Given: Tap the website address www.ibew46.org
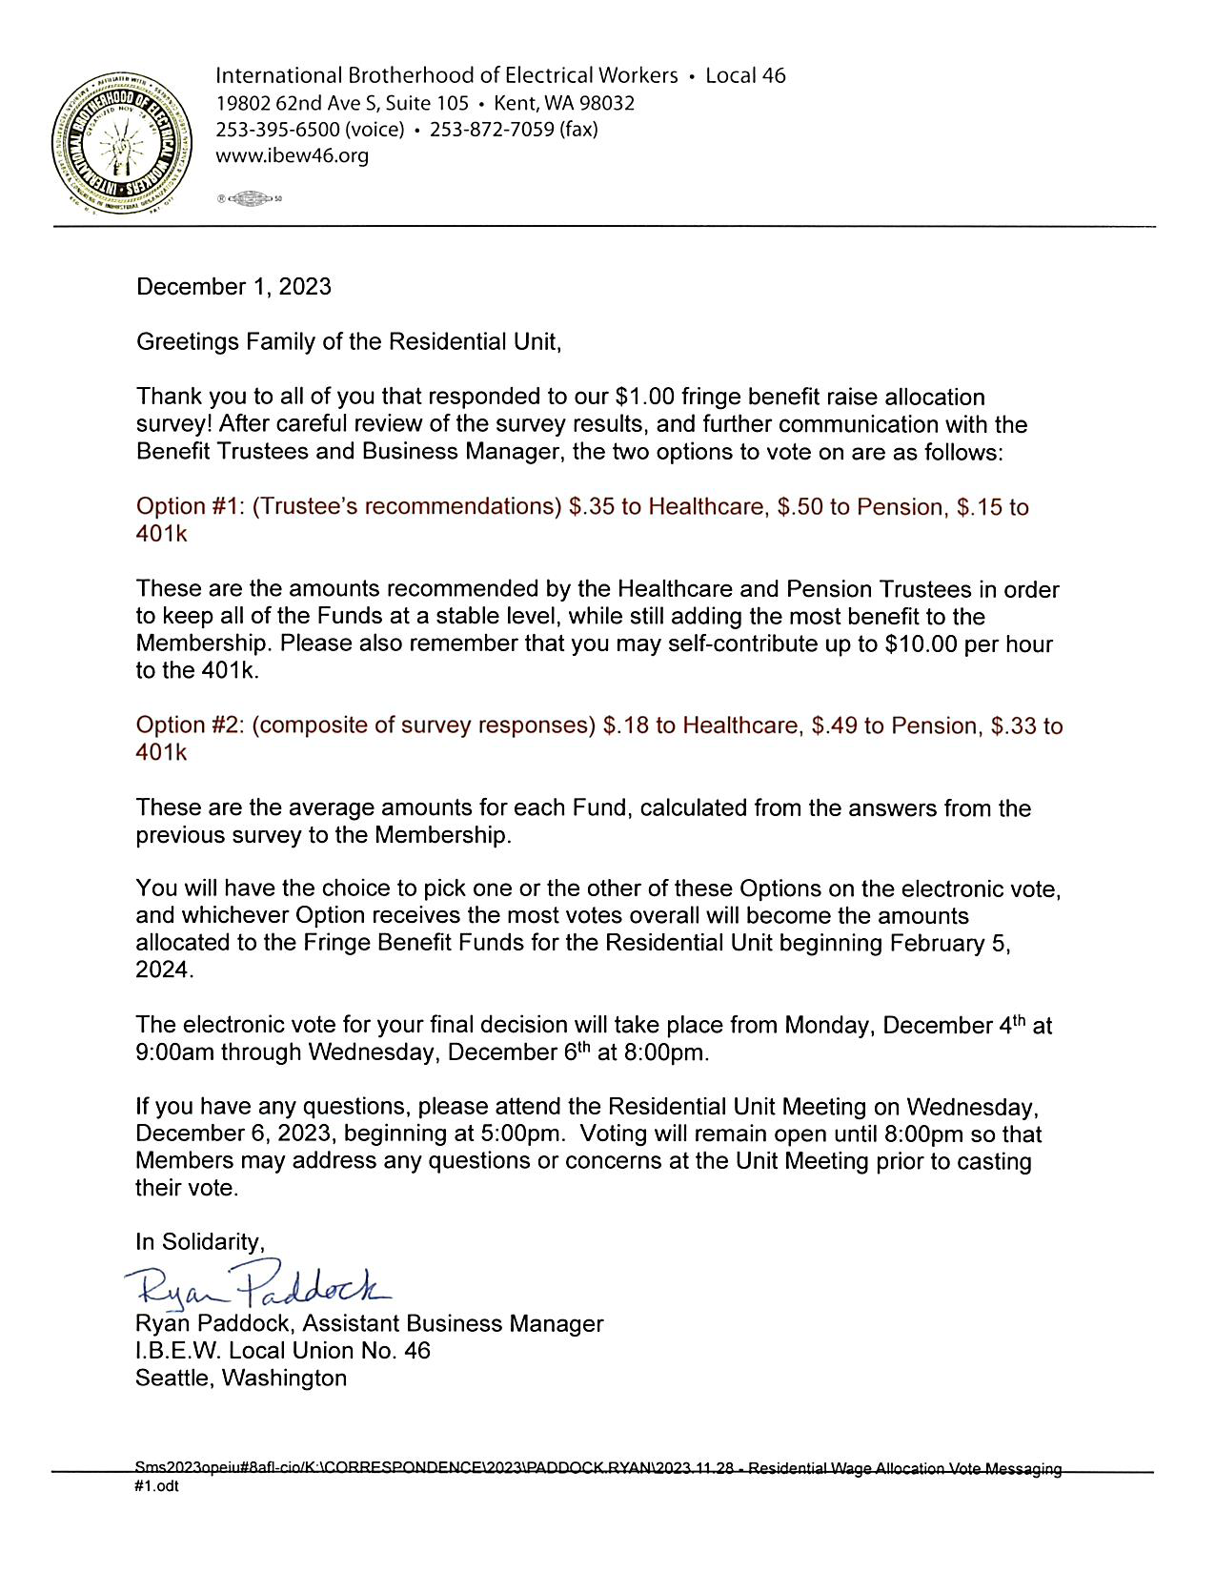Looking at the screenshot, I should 292,155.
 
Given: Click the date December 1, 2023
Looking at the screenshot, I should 233,287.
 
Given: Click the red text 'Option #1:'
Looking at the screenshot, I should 191,506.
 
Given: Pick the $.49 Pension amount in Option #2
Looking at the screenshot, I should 833,725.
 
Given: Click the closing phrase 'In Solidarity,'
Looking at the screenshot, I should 199,1241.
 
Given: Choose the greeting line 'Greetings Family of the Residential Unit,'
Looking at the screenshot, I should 349,341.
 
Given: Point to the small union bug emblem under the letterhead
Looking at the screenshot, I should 253,199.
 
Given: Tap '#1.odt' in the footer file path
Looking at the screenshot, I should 157,1486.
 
